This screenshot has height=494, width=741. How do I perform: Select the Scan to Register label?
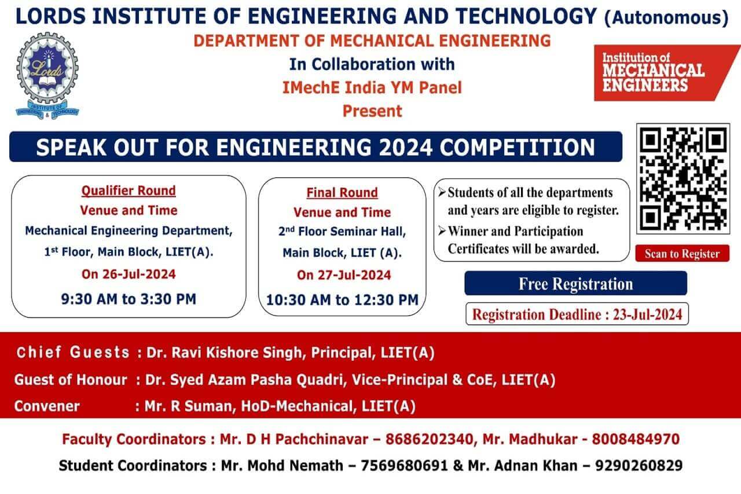coord(682,254)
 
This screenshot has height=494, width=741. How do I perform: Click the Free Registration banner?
coord(575,284)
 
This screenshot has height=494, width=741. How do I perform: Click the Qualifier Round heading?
coord(129,191)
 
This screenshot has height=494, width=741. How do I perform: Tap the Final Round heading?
coord(342,193)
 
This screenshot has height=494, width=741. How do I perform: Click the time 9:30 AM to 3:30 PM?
coord(129,299)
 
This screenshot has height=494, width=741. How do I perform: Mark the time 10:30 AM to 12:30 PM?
coord(342,300)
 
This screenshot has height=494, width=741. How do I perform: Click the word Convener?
coord(47,406)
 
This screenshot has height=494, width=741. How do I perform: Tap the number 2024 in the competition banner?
coord(405,147)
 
